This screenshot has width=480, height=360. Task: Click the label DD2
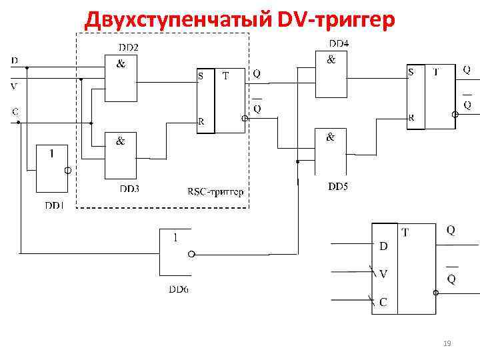[129, 47]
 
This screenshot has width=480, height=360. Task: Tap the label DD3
[129, 189]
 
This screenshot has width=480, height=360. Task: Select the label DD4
[338, 43]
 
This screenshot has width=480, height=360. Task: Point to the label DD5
[337, 186]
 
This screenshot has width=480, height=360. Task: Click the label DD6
[178, 289]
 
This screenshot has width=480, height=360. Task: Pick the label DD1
[54, 205]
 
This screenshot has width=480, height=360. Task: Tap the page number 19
[447, 343]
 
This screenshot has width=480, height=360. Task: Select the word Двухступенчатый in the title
[177, 21]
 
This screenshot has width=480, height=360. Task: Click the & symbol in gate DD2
[121, 65]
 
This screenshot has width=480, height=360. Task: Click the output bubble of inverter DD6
[192, 253]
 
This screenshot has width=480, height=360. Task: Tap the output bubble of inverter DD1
[67, 171]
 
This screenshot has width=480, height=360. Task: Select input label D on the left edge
[14, 60]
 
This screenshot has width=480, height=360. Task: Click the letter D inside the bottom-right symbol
[383, 246]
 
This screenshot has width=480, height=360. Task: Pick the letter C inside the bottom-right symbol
[383, 302]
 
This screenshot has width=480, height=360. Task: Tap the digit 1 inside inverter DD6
[175, 237]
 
